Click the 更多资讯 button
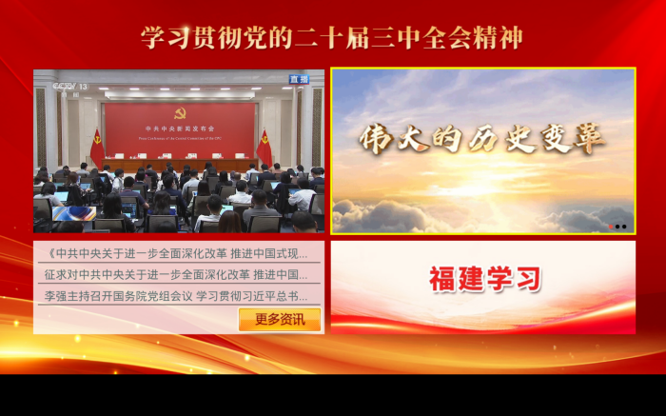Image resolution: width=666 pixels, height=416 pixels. (279, 320)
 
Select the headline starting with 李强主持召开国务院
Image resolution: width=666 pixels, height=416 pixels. (176, 296)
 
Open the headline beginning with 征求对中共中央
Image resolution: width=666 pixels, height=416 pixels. (176, 275)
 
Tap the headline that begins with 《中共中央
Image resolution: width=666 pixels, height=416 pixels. (176, 254)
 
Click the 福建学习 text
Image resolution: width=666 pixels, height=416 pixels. (484, 280)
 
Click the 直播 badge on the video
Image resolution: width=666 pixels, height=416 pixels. (300, 80)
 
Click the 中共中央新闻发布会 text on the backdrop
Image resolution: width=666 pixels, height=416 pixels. (180, 128)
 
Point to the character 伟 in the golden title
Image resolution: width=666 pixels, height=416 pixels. (377, 139)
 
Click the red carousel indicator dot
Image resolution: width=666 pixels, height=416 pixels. (610, 227)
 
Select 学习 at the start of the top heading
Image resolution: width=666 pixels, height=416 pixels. (166, 38)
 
